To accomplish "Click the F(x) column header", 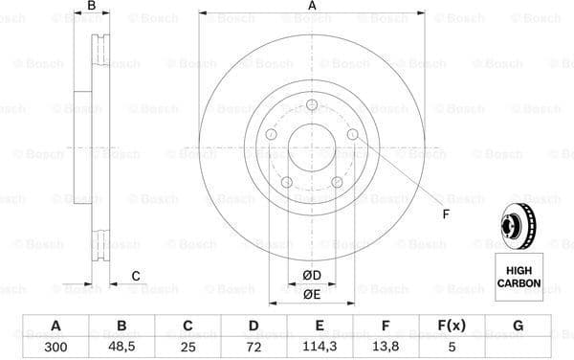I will tap(452, 326).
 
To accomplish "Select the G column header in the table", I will tap(518, 326).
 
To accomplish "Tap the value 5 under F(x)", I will tap(452, 346).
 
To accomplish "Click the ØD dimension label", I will tap(312, 276).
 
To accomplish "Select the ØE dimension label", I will tap(312, 295).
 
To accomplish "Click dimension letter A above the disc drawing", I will tap(312, 7).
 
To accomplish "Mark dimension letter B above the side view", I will tap(91, 7).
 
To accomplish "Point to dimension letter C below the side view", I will tap(136, 276).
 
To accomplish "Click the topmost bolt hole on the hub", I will tap(311, 105).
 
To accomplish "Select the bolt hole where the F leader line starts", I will tap(352, 135).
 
